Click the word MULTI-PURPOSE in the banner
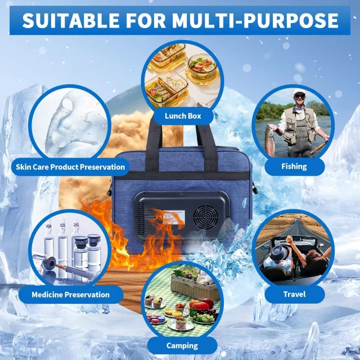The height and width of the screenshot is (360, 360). [255, 20]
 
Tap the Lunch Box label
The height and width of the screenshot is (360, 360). [183, 116]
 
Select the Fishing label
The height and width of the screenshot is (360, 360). [294, 166]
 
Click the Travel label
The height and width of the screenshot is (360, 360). [294, 294]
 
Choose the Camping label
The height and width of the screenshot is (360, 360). [182, 345]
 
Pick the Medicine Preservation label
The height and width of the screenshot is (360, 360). [71, 295]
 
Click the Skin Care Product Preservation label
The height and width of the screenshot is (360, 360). [70, 167]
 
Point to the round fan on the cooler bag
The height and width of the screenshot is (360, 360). [206, 217]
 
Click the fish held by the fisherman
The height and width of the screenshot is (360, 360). [270, 140]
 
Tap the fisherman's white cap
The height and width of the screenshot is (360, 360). [299, 91]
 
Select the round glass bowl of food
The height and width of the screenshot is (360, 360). [201, 66]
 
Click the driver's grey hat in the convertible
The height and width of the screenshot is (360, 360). [279, 253]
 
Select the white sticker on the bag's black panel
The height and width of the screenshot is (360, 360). [174, 218]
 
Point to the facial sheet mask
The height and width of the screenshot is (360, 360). [74, 124]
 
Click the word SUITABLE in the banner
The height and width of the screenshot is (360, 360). [71, 20]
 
